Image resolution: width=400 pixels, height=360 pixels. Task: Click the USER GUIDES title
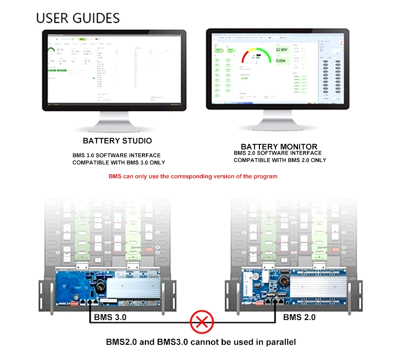tap(78, 18)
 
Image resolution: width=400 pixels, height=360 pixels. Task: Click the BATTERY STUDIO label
tap(117, 141)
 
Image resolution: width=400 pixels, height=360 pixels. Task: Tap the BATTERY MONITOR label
tap(279, 147)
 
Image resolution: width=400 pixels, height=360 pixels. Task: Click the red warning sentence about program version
tap(193, 176)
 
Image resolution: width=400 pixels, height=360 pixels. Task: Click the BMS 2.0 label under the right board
tap(299, 318)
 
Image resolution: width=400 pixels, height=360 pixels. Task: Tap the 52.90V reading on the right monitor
tap(282, 50)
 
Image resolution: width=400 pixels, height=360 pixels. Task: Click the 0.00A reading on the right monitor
tap(281, 61)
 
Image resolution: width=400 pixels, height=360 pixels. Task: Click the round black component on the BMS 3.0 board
tap(99, 284)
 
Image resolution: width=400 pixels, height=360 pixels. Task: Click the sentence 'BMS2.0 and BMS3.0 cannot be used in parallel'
tap(201, 342)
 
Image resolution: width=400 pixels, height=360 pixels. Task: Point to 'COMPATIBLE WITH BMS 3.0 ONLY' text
tap(118, 163)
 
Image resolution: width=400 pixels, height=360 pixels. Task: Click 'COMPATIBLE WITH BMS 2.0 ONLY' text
tap(280, 160)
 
